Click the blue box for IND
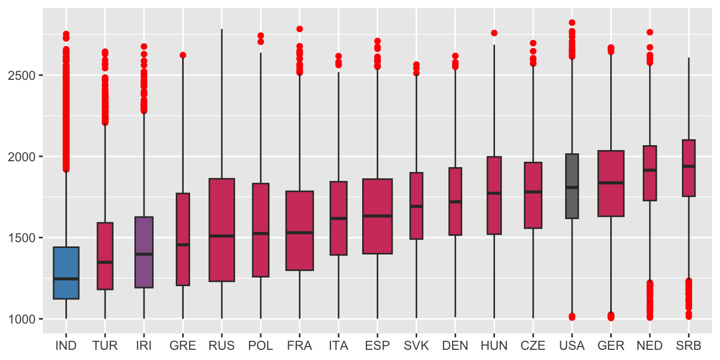tap(66, 273)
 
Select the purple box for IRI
tap(144, 252)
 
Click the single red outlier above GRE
tap(183, 55)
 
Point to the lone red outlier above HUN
tap(494, 33)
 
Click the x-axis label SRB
tap(688, 346)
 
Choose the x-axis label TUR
tap(105, 346)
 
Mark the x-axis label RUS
tap(222, 346)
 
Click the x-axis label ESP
tap(377, 346)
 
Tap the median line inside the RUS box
tap(222, 236)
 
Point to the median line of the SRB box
tap(688, 166)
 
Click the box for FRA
tap(299, 230)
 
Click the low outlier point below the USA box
tap(572, 317)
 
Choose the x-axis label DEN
tap(455, 346)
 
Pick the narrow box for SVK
tap(416, 206)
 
